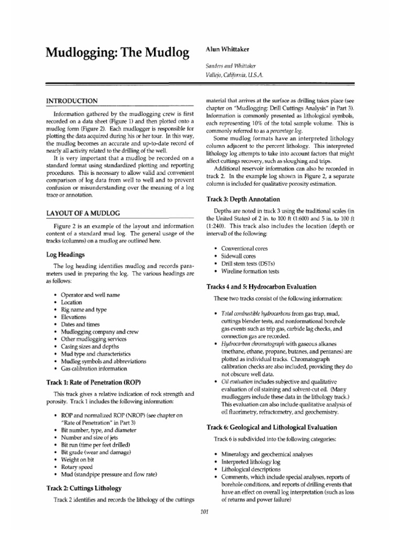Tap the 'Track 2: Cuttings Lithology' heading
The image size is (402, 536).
pyautogui.click(x=86, y=488)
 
